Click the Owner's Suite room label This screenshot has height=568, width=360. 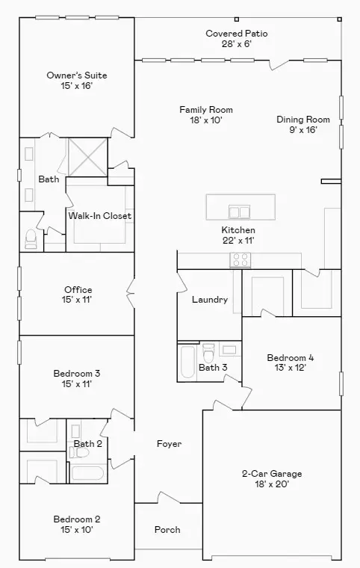tap(77, 75)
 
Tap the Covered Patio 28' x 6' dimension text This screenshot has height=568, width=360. tap(236, 44)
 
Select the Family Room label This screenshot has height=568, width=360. tap(201, 110)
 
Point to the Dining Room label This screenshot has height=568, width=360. tap(302, 120)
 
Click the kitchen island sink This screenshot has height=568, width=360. tap(238, 211)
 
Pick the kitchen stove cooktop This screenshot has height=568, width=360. tap(240, 260)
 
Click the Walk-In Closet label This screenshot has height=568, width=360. tap(100, 216)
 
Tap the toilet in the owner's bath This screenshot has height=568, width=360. tap(31, 238)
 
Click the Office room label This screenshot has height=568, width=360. tap(78, 290)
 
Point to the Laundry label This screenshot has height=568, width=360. tap(209, 300)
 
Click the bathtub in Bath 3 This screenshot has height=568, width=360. tap(187, 362)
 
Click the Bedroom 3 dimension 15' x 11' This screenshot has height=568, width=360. tap(77, 384)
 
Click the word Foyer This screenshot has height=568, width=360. tap(169, 444)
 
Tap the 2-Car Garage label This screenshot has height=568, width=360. tap(271, 474)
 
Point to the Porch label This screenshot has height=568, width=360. tap(167, 530)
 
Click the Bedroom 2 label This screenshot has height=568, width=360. tap(77, 519)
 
